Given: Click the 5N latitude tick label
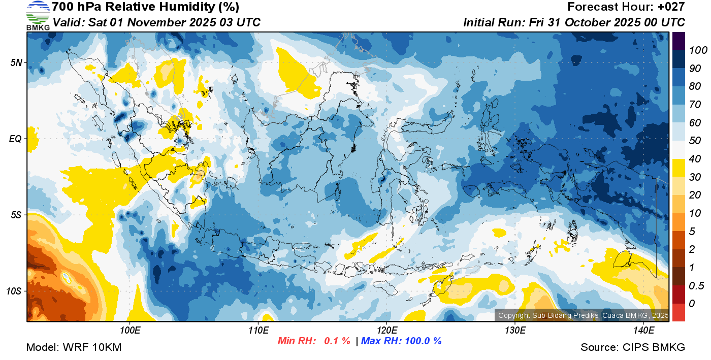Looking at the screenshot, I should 16,62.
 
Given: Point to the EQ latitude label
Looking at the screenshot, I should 16,139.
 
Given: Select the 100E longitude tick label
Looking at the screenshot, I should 130,331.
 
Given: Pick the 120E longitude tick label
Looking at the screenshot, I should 386,331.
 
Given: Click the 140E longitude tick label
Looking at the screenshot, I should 643,331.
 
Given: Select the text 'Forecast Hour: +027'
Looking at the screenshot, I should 626,7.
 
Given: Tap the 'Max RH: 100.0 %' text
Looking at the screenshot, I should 402,341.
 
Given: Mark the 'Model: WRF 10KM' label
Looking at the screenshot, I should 74,347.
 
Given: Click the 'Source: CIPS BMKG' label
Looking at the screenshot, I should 633,347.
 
